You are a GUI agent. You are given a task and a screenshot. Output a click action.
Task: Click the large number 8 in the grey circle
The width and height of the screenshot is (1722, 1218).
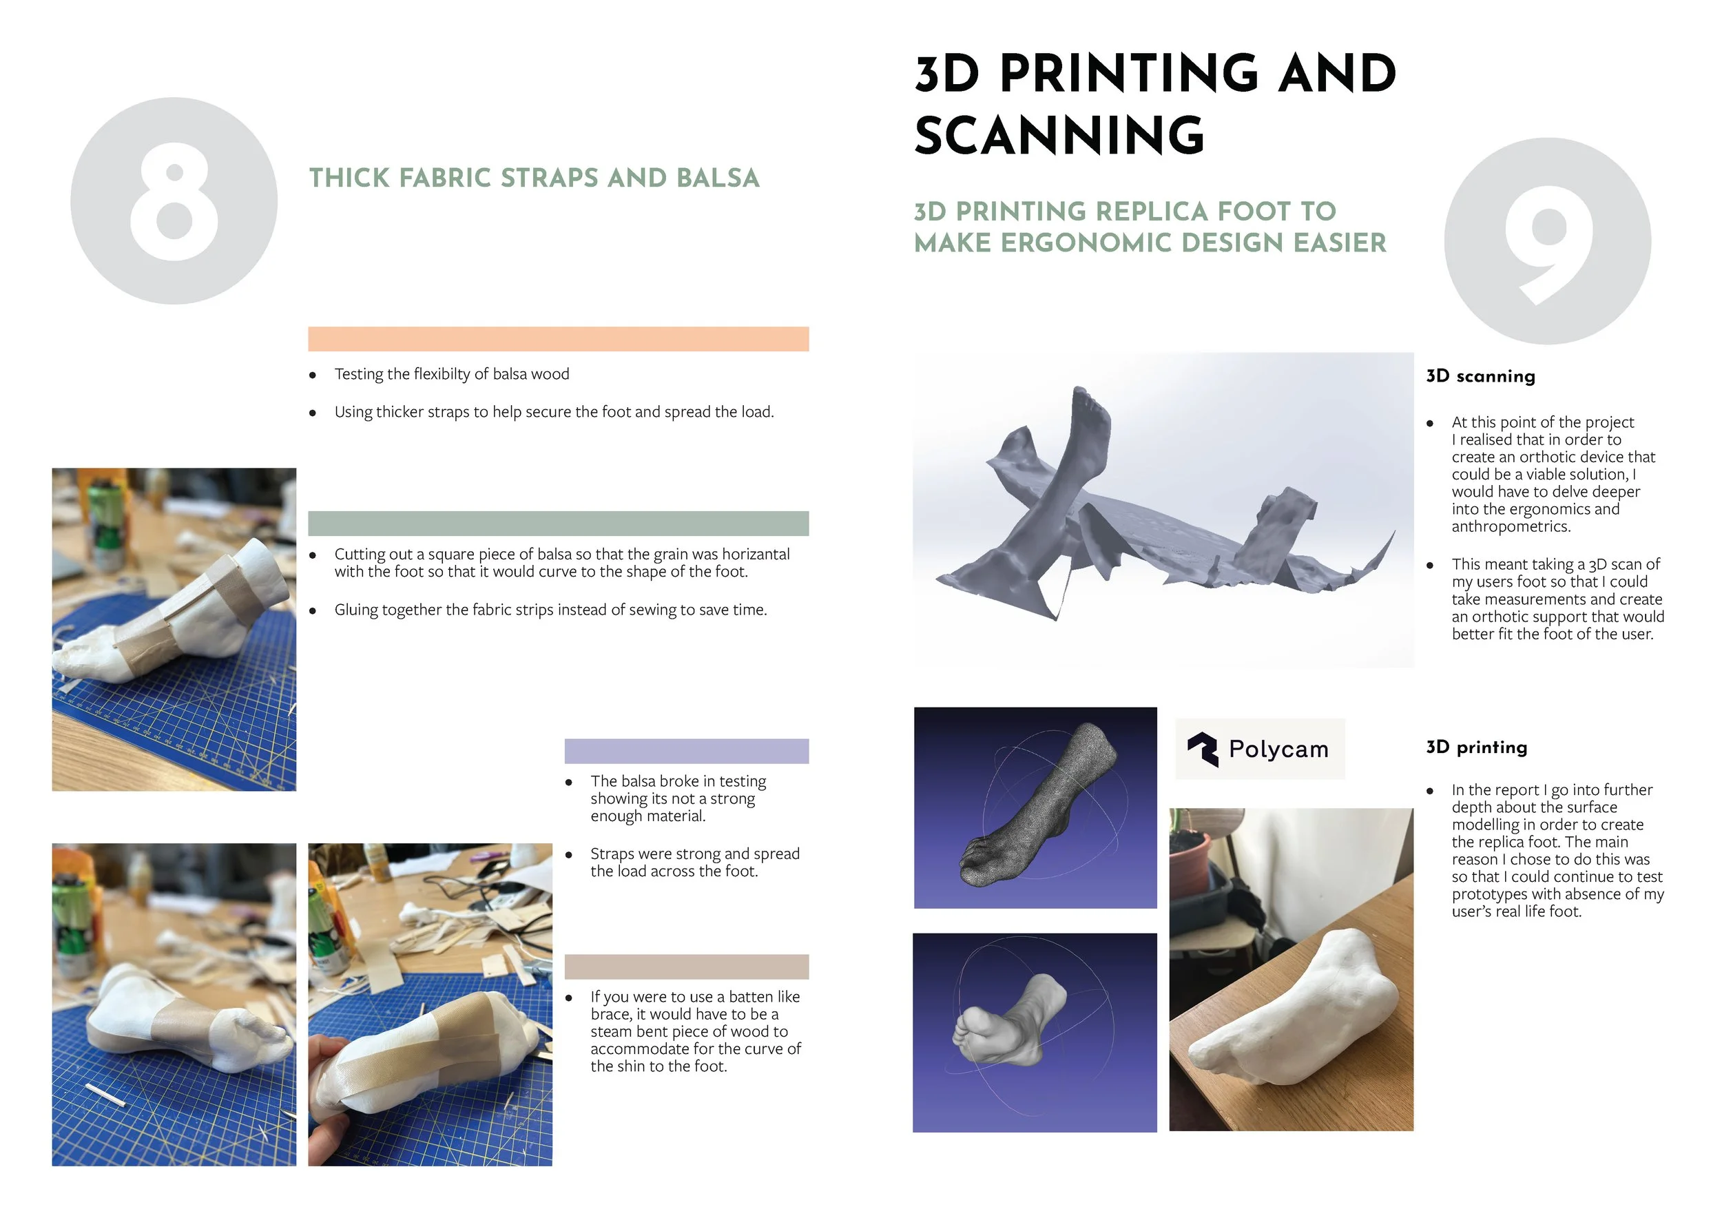(x=174, y=201)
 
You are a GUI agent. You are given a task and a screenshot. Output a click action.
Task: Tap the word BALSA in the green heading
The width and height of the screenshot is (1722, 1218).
(x=718, y=178)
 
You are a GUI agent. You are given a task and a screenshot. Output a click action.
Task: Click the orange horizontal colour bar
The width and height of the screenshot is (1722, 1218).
(x=558, y=339)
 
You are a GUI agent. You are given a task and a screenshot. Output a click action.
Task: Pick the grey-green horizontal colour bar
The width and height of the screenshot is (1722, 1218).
(x=558, y=524)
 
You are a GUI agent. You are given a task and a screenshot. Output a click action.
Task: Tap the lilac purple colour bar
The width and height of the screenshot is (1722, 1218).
(x=686, y=752)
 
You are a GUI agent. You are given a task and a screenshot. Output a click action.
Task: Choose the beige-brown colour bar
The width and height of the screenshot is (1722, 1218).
(x=686, y=967)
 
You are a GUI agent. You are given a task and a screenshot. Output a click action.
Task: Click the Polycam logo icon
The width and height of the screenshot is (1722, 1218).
(x=1203, y=750)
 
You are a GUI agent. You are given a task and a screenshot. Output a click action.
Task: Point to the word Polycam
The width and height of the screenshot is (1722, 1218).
(x=1278, y=750)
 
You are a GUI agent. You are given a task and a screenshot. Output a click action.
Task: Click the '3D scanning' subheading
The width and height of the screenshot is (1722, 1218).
(x=1480, y=377)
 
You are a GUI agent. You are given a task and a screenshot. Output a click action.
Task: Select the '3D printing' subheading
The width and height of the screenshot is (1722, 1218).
(x=1477, y=747)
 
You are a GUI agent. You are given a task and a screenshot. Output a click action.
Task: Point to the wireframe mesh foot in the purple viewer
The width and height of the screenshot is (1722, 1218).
(x=1039, y=807)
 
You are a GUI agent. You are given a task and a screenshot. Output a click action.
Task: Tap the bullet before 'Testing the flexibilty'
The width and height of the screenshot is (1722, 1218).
(x=313, y=375)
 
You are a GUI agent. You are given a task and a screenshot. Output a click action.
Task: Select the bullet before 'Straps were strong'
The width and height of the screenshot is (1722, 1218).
(x=569, y=855)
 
